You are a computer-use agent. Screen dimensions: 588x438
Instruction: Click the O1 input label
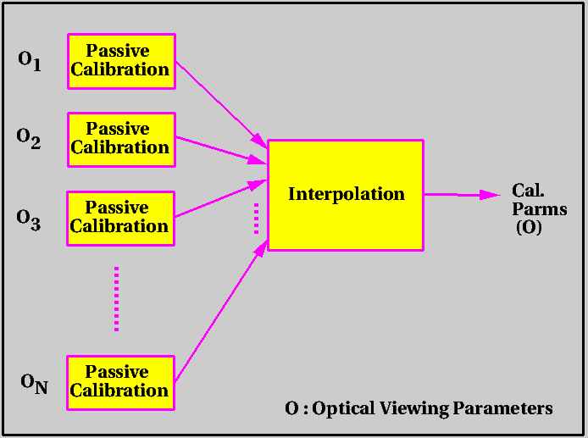point(30,61)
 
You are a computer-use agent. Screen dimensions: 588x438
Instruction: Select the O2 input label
point(29,139)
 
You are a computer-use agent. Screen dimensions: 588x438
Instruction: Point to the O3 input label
point(29,220)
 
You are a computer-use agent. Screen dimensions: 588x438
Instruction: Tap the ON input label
point(34,384)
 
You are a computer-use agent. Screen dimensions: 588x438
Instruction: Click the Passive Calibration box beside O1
point(121,62)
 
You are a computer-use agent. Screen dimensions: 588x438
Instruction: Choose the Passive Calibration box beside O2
point(121,140)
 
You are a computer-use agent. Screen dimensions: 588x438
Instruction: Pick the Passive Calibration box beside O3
point(121,219)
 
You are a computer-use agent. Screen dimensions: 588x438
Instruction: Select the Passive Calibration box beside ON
point(121,382)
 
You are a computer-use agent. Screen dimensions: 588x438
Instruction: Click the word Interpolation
point(347,194)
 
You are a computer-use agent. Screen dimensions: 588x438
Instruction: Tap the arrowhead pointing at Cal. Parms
point(490,195)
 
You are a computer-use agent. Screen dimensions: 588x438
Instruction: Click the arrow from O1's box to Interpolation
point(221,104)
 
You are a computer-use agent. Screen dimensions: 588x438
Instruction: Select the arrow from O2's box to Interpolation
point(221,150)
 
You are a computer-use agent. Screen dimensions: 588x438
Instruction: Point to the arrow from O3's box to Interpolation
point(221,198)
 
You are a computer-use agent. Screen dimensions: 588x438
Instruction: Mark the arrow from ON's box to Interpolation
point(221,312)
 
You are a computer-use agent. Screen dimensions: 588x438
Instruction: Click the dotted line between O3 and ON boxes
point(117,299)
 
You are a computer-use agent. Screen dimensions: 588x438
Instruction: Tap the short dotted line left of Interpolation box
point(257,219)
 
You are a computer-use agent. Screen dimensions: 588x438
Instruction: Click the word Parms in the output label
point(539,209)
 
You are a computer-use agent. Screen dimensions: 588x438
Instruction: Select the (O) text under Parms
point(530,227)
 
